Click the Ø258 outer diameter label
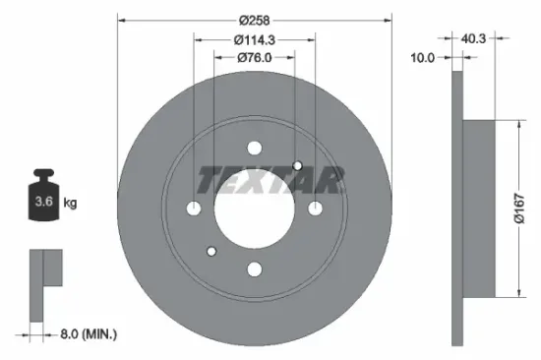coord(254,19)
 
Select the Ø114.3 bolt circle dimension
coord(254,40)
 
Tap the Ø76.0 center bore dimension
coord(254,58)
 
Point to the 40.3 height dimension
coord(474,40)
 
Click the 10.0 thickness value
coord(422,58)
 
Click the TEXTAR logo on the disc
coord(270,179)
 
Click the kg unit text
coord(72,204)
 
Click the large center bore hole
coord(254,209)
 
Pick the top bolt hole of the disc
coord(254,149)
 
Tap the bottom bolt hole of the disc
coord(254,269)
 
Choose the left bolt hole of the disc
coord(194,209)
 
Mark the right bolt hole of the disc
coord(315,209)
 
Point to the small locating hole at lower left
coord(211,251)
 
